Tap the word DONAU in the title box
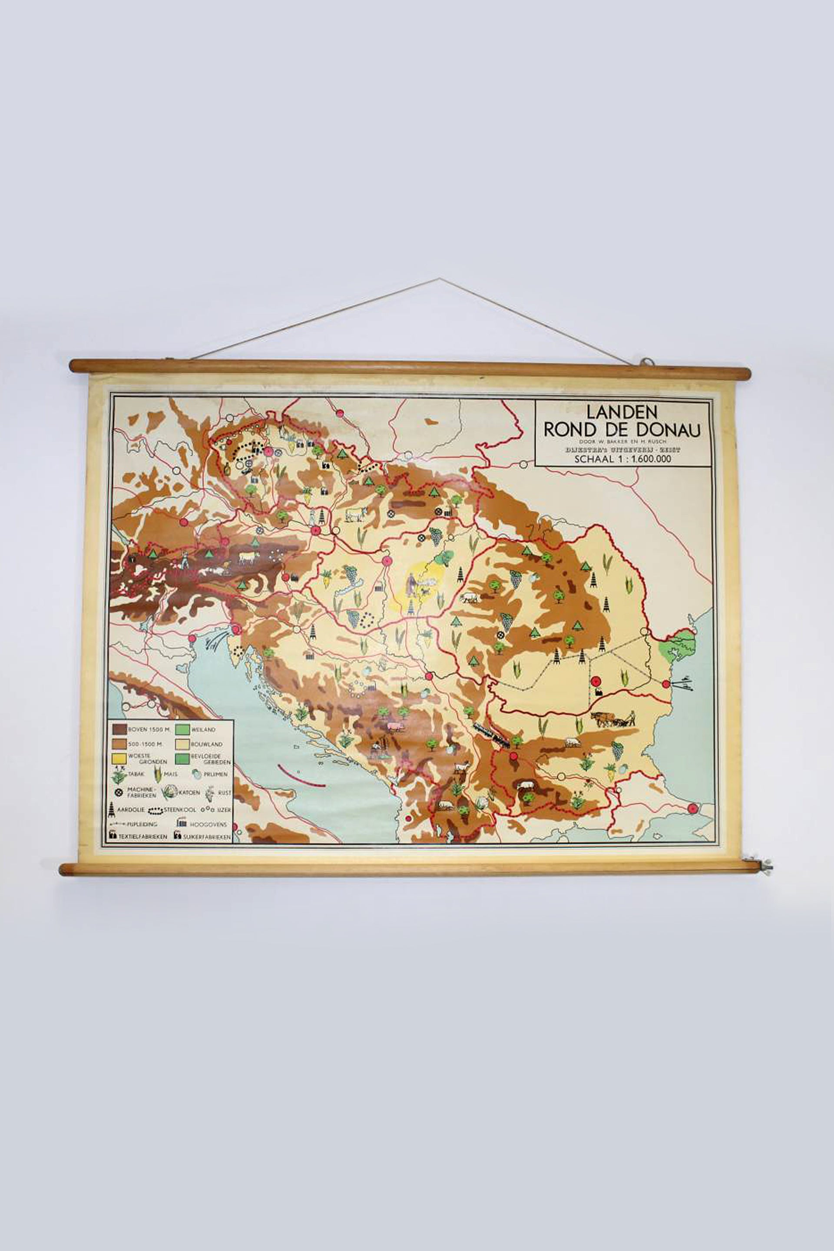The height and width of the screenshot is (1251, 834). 672,430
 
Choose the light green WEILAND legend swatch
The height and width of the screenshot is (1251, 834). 182,730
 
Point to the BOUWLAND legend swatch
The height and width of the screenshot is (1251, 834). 182,744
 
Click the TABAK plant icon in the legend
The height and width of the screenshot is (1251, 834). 119,775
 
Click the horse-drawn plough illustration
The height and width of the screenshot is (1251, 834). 612,719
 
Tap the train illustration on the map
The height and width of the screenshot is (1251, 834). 493,735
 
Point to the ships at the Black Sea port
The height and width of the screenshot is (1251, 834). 683,683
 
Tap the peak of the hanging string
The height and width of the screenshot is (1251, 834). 439,279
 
